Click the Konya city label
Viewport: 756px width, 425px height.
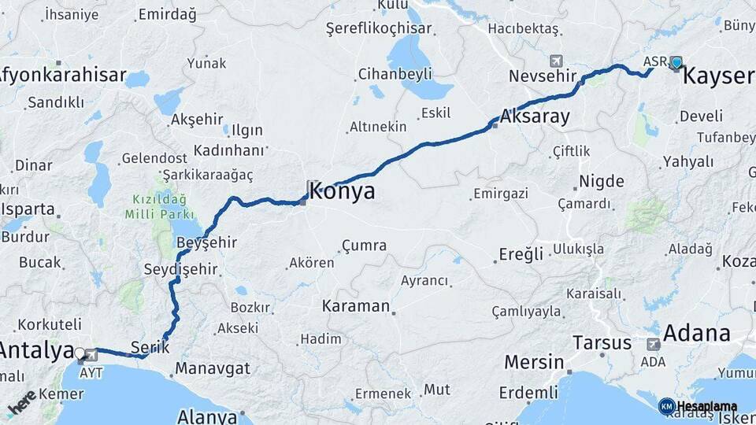coord(342,192)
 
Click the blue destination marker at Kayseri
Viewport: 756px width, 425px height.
coord(676,63)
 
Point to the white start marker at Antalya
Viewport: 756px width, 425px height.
coord(80,353)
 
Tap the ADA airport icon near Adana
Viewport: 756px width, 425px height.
coord(653,344)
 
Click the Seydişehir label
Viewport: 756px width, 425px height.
coord(180,269)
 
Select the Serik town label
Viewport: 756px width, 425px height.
coord(150,346)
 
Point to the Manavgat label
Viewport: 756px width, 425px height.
coord(213,368)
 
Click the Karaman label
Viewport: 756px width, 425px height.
coord(356,306)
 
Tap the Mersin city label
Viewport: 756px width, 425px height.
coord(533,363)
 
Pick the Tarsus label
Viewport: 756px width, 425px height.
coord(602,343)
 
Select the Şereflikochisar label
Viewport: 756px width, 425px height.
coord(379,28)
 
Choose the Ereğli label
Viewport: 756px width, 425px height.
coord(521,254)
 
